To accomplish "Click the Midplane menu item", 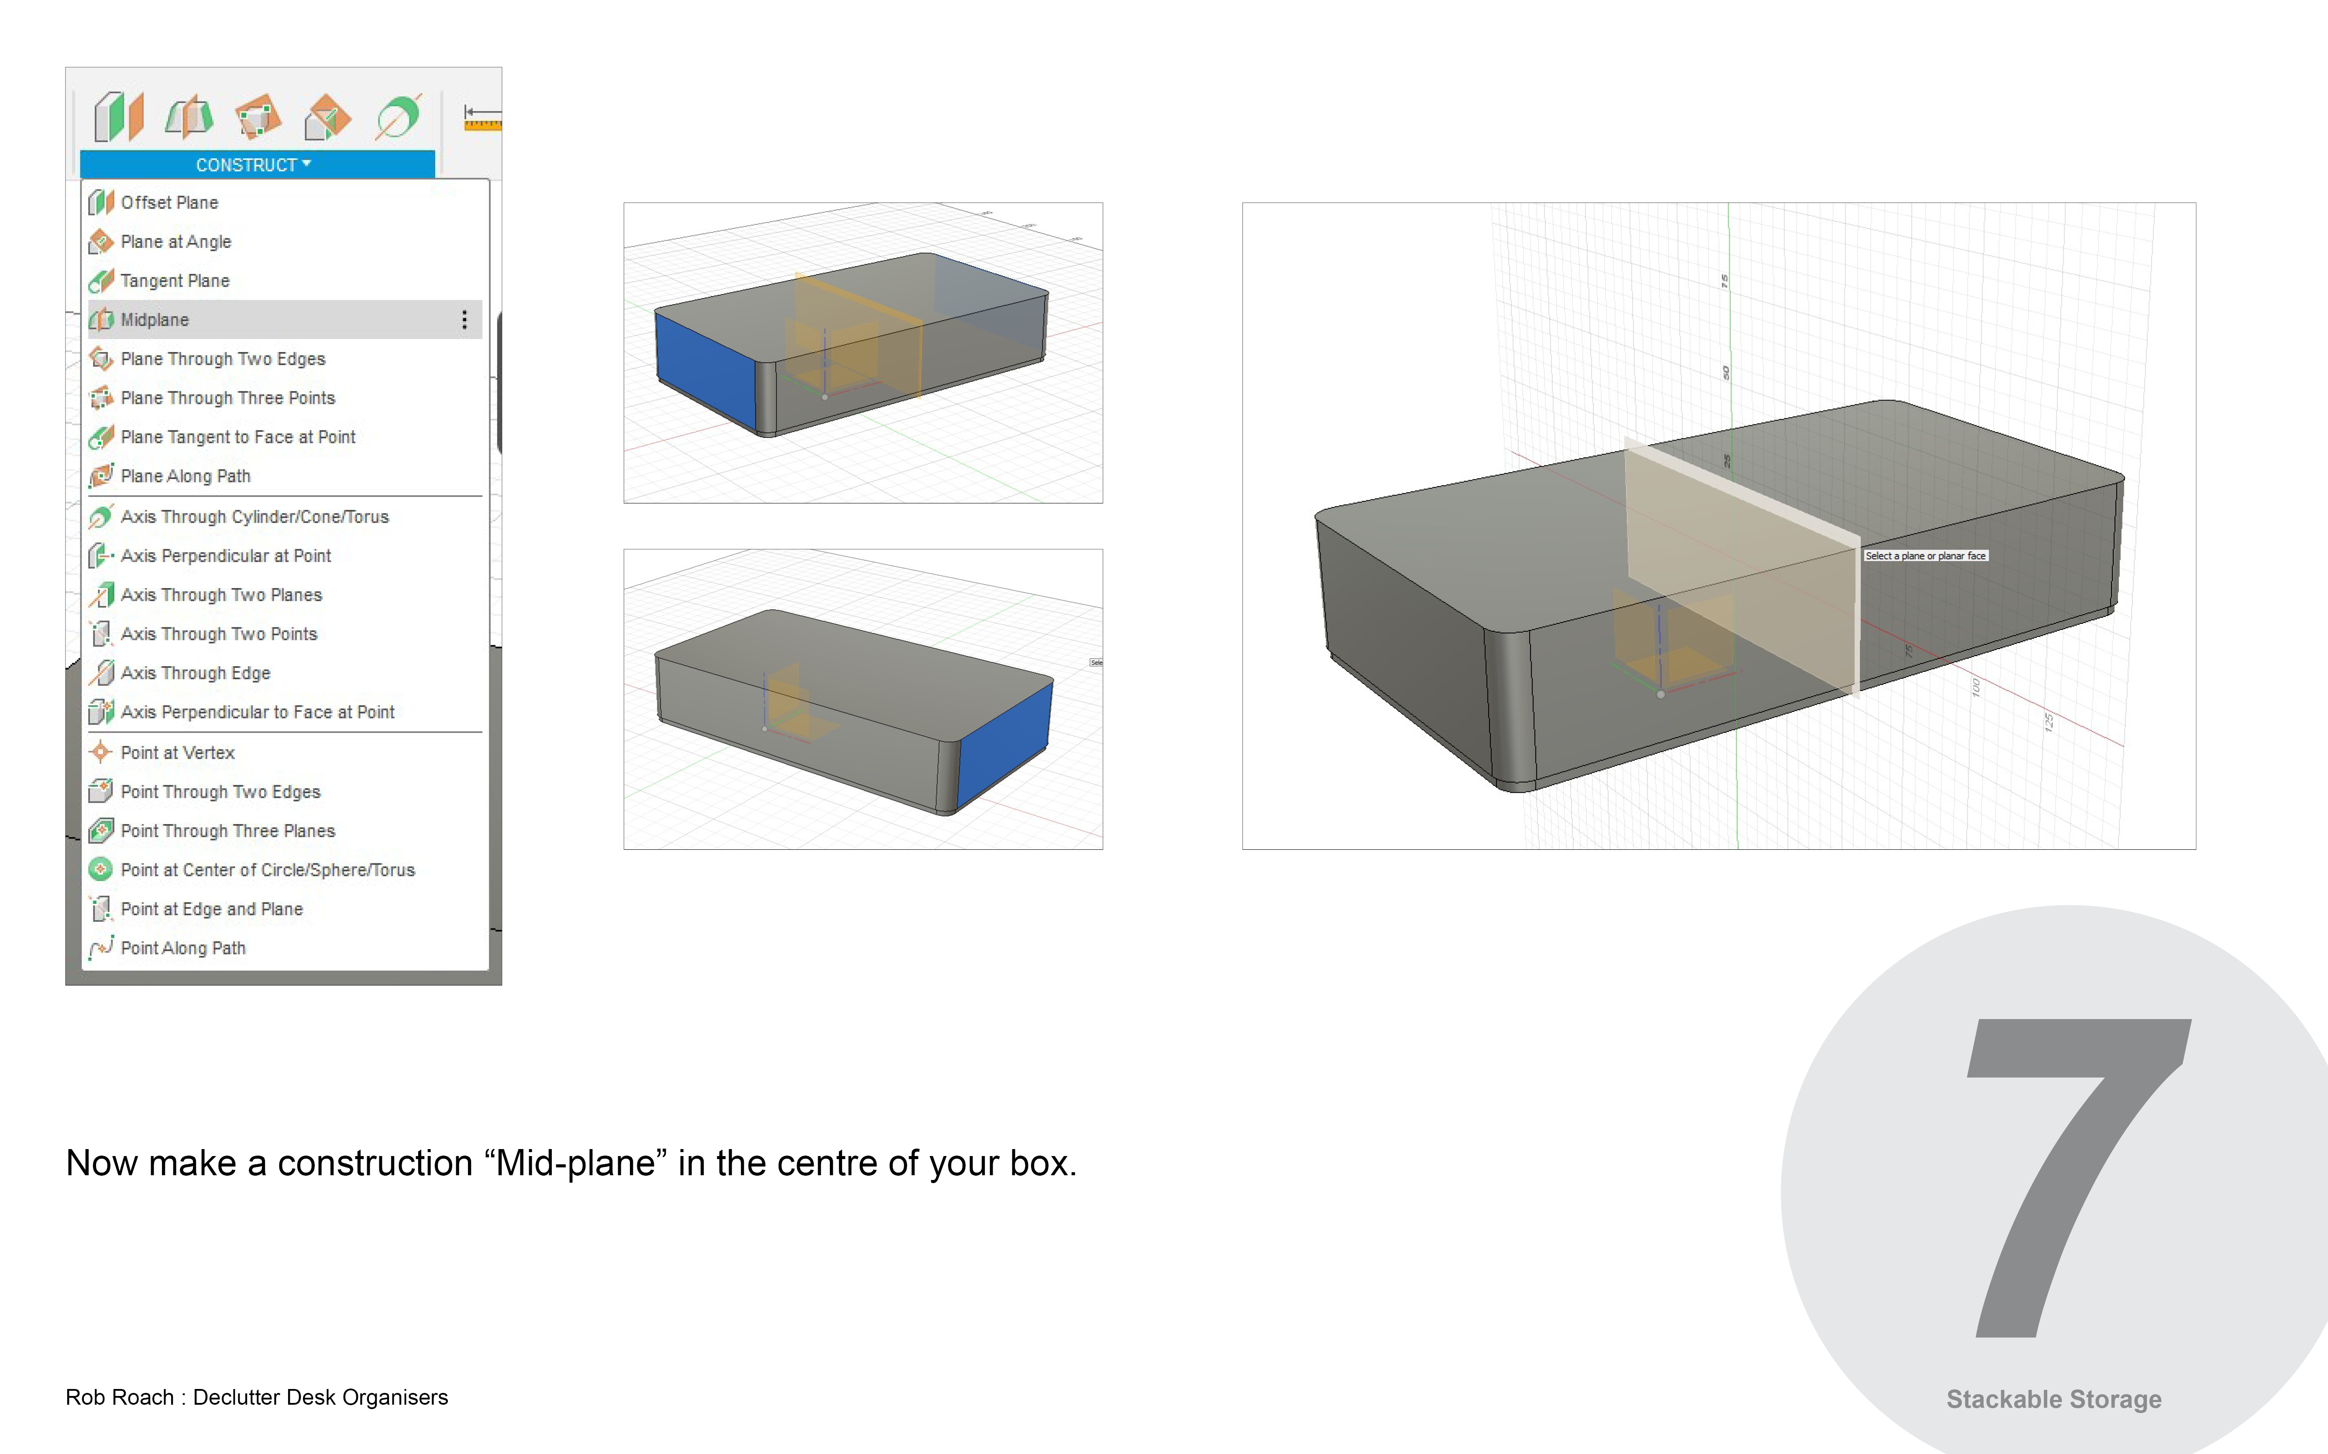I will [x=155, y=319].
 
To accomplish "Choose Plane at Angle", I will [x=176, y=241].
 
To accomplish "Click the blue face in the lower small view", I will [x=1005, y=742].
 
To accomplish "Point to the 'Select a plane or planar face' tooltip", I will [x=1925, y=556].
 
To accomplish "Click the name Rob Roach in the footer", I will [x=119, y=1397].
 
